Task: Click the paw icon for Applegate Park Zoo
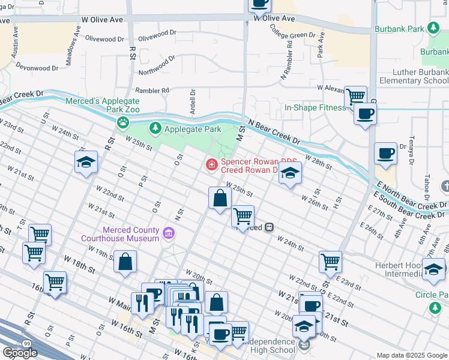(123, 123)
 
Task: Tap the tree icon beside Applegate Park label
(155, 128)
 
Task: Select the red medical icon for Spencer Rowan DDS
(211, 164)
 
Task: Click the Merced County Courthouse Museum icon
(169, 233)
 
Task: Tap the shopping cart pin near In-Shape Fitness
(355, 96)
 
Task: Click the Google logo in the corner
(20, 353)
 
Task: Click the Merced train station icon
(270, 227)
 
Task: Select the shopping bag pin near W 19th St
(125, 262)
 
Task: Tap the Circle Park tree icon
(435, 307)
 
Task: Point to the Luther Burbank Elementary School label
(414, 77)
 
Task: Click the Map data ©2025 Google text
(412, 355)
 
